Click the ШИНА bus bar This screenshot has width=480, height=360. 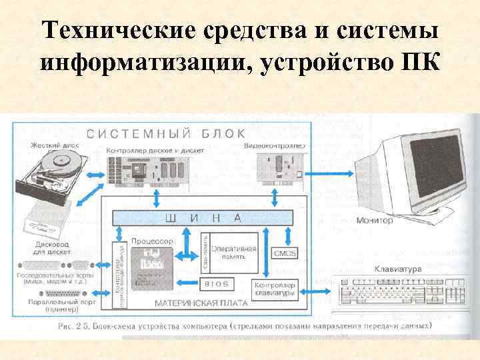pos(200,218)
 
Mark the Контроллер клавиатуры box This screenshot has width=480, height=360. pos(271,289)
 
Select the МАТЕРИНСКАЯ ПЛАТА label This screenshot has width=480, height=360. pos(200,302)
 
